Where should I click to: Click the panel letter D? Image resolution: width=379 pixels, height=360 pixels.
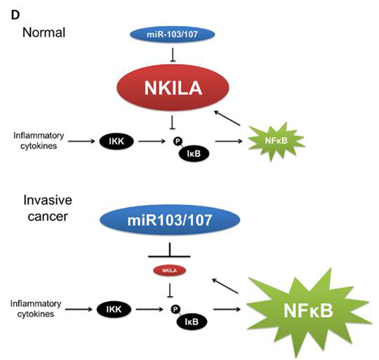[15, 15]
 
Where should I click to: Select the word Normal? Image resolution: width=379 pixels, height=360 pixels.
[44, 32]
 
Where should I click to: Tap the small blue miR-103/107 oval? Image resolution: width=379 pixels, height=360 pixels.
[173, 34]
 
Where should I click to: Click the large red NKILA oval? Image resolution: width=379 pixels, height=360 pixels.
[173, 88]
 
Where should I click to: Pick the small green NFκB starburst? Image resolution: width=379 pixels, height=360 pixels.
[276, 141]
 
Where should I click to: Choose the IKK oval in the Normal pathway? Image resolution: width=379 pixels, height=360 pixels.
[117, 141]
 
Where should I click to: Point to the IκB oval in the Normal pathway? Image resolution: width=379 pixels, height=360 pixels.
[194, 154]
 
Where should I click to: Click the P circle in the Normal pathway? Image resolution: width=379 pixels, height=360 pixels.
[178, 141]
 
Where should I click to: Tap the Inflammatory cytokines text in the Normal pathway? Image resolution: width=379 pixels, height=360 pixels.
[39, 140]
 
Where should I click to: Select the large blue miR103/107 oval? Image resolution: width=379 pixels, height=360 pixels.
[170, 220]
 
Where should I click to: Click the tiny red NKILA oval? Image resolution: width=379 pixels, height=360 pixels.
[170, 271]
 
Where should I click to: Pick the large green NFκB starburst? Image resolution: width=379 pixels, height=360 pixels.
[308, 311]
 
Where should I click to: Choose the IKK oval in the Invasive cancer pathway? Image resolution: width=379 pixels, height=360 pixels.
[114, 309]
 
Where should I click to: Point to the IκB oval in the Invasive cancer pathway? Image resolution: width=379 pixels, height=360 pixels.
[192, 322]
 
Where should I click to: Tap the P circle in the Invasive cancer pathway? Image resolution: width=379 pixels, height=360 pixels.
[175, 309]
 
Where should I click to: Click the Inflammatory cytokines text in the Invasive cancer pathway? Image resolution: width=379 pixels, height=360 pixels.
[36, 309]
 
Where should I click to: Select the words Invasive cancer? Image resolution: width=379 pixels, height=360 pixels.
[48, 208]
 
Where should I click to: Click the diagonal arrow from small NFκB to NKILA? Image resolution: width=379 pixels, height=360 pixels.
[227, 118]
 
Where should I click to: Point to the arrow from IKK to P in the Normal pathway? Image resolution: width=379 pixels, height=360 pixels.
[152, 141]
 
